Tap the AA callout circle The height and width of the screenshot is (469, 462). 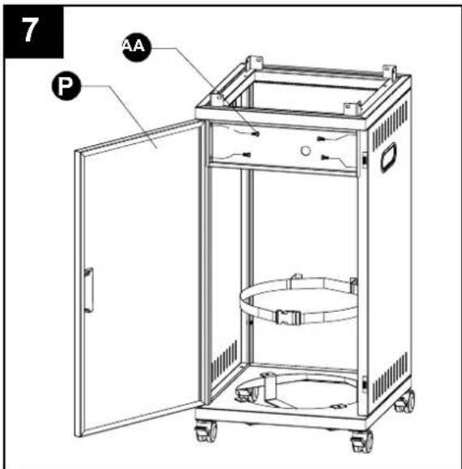137,47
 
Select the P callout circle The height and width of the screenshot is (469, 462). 66,86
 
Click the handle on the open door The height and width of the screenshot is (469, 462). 89,290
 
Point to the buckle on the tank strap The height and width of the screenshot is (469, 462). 288,317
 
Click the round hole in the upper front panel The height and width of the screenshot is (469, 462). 306,151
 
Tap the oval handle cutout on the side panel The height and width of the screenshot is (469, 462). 388,157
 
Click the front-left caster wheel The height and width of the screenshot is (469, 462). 207,431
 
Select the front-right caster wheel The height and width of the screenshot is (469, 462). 362,441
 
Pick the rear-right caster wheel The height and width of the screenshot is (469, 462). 405,402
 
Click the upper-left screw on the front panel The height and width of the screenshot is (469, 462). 255,134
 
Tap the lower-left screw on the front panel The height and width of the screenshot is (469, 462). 246,155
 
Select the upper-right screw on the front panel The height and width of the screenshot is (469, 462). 321,139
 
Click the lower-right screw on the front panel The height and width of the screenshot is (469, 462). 325,157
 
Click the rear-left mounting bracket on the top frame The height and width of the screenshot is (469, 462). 255,63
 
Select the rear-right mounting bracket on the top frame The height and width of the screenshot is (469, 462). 389,72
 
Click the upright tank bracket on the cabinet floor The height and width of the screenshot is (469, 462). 271,389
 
